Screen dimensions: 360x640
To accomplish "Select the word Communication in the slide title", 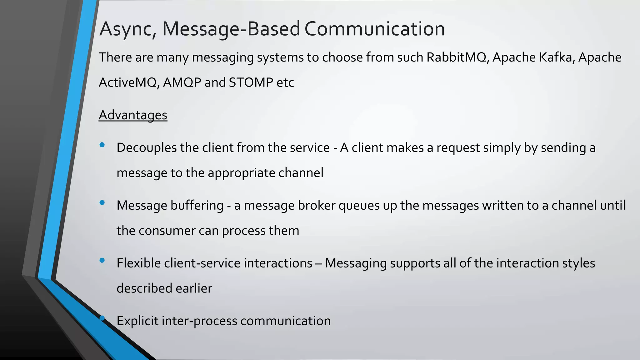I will (374, 29).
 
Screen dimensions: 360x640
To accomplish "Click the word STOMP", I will (251, 82).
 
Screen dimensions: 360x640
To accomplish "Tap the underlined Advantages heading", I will (133, 115).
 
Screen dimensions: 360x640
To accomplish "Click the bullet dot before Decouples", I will (102, 145).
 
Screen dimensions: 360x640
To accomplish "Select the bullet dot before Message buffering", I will (102, 202).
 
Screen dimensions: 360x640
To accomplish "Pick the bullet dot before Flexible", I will (102, 260).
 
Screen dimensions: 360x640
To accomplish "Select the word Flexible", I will (138, 263).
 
